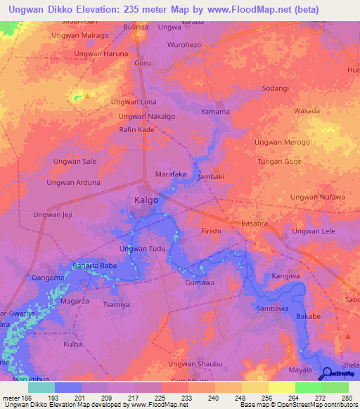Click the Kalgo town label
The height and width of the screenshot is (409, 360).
(x=146, y=200)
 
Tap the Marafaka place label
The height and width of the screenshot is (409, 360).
(x=170, y=174)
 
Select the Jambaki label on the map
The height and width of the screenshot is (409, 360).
(x=211, y=177)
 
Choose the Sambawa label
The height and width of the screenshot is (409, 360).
(x=274, y=309)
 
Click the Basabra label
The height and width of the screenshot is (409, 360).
(x=255, y=223)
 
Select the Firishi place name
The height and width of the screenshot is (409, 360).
(x=211, y=231)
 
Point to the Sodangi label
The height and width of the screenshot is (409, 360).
(x=275, y=88)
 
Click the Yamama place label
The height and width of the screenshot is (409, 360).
(x=215, y=112)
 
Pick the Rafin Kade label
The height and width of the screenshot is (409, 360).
(x=136, y=130)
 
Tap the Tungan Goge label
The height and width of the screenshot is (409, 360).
(x=279, y=161)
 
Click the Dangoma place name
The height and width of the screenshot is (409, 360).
(x=47, y=278)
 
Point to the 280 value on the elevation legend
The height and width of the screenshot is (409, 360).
(x=345, y=398)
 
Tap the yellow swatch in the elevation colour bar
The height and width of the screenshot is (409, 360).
(x=281, y=387)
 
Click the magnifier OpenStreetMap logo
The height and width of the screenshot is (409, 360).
(x=326, y=372)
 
